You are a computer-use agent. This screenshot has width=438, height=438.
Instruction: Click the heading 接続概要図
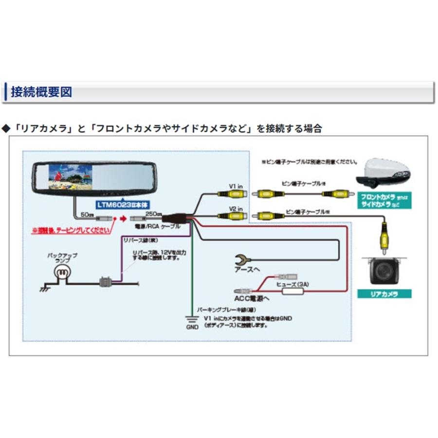[41, 91]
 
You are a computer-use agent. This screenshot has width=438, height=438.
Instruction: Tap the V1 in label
[236, 185]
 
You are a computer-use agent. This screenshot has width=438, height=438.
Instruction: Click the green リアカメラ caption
[384, 294]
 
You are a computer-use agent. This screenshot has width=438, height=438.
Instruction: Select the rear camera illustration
[384, 268]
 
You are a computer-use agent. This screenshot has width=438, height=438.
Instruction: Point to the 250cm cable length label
[153, 214]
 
